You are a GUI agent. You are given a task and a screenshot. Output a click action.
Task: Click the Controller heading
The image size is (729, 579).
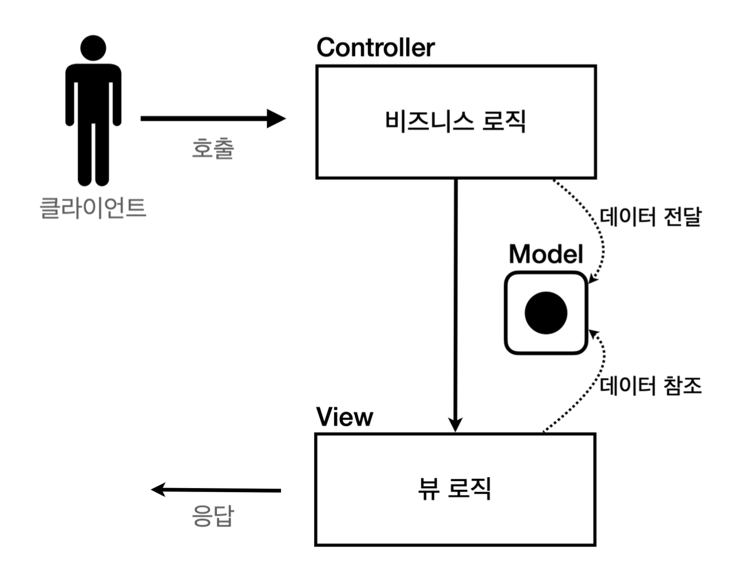pos(375,47)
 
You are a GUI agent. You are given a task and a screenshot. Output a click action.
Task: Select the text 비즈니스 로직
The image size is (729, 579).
pos(455,121)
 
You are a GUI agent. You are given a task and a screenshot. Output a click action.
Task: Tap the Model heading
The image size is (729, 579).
pos(546,254)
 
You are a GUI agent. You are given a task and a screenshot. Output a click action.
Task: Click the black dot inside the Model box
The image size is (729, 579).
pos(546,312)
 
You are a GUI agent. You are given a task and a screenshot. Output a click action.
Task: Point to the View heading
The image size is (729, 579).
pos(344,417)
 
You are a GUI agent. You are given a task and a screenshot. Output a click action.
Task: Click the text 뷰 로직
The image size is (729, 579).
pos(455,488)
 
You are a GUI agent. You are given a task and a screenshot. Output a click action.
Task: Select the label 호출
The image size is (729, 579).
pos(213,148)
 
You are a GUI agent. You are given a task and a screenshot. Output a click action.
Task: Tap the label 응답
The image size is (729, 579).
pos(213,515)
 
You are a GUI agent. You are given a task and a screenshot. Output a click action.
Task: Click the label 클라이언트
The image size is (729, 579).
pos(93,207)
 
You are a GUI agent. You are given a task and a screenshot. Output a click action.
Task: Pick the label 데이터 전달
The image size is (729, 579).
pos(651,217)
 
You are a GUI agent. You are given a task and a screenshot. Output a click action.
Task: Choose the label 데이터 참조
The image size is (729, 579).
pos(651,385)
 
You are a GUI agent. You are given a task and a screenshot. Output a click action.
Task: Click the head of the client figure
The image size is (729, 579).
pos(93,48)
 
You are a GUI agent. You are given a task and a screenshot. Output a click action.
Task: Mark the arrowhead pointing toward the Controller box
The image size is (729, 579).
pos(277,118)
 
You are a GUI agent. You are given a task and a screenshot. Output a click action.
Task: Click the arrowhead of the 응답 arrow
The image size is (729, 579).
pos(158,489)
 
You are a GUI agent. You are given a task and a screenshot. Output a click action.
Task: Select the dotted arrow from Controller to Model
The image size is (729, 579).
pos(595,223)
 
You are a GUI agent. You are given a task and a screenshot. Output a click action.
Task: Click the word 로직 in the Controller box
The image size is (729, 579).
pos(504,121)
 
